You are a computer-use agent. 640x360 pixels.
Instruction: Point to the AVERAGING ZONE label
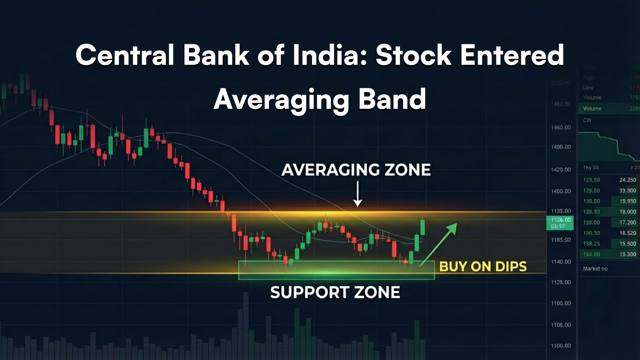(x=356, y=170)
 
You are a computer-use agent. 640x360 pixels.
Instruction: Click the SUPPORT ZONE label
(x=335, y=292)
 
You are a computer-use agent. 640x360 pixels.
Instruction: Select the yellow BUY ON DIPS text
(x=483, y=267)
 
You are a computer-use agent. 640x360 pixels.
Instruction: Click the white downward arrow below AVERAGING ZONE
(x=358, y=194)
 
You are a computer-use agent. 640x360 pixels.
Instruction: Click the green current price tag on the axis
(x=560, y=223)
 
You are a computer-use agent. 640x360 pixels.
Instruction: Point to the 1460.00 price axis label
(x=561, y=128)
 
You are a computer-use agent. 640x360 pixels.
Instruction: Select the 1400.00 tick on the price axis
(x=561, y=191)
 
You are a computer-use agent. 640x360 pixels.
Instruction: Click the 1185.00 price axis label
(x=561, y=240)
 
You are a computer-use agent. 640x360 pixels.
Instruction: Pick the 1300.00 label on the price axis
(x=561, y=346)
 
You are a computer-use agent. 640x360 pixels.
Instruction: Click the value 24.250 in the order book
(x=627, y=180)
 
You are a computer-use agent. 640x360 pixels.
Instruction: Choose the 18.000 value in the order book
(x=627, y=212)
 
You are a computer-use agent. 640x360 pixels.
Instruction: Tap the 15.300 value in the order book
(x=627, y=254)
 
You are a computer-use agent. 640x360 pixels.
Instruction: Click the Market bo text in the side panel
(x=595, y=269)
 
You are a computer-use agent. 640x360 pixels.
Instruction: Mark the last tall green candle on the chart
(x=423, y=227)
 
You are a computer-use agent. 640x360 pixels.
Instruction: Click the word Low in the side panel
(x=588, y=88)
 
